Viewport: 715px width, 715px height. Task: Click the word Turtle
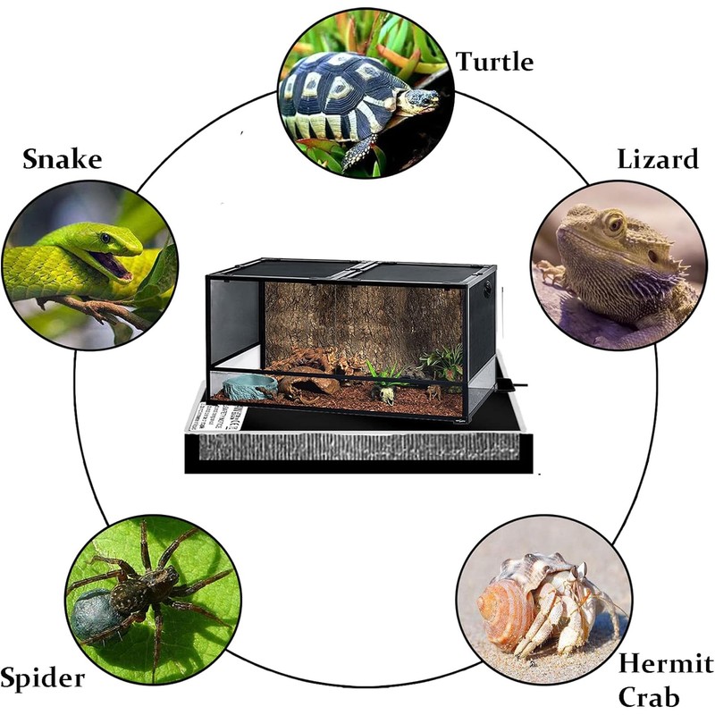tap(494, 62)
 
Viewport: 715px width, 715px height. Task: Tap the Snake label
tap(62, 160)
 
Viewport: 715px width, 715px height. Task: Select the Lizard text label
tap(657, 160)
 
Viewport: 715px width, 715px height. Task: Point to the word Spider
tap(43, 677)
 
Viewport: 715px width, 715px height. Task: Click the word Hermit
tap(666, 665)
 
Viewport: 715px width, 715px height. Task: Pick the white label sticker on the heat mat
tap(214, 416)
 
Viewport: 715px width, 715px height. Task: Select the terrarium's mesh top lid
tap(349, 268)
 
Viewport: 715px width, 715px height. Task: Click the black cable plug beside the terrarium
tap(511, 384)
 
